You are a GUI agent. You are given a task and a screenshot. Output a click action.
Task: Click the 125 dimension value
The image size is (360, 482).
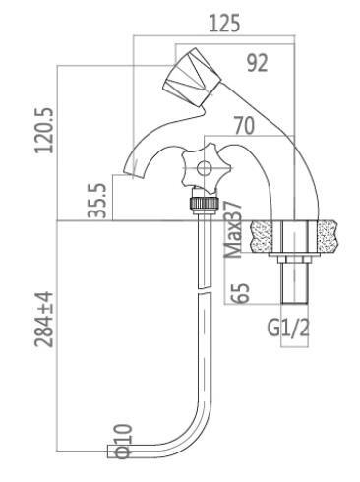coord(224,24)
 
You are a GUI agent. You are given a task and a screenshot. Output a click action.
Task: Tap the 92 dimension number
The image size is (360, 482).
coord(258,63)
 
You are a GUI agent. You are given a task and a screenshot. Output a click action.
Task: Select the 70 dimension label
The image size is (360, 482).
coord(244,125)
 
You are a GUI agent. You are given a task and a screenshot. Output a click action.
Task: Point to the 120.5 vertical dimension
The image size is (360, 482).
coord(44,131)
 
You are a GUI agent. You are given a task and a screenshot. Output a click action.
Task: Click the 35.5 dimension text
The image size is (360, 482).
coord(97,201)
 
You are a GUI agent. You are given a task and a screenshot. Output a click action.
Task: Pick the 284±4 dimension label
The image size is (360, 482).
coord(44,319)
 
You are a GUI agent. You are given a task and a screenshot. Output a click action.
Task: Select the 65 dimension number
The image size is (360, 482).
coord(240,293)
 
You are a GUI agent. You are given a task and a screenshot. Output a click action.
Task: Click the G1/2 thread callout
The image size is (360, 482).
coord(288,328)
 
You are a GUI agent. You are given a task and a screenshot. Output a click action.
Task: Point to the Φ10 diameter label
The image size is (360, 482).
coord(123,442)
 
